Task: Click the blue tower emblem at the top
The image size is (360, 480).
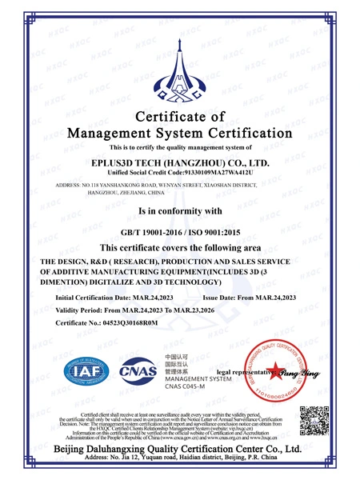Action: click(x=179, y=56)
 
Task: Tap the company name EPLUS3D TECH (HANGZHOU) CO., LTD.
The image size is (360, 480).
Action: click(x=180, y=162)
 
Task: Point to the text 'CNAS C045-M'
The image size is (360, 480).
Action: click(x=188, y=387)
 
